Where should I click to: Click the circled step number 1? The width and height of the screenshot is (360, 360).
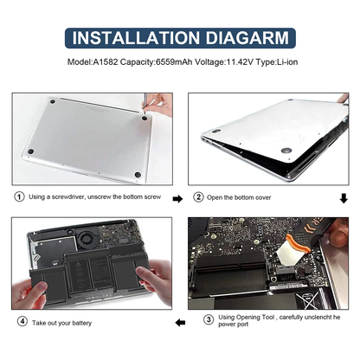click(x=17, y=196)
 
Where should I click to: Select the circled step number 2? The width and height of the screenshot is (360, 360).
click(x=197, y=196)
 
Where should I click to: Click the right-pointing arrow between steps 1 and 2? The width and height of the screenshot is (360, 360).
click(x=177, y=198)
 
